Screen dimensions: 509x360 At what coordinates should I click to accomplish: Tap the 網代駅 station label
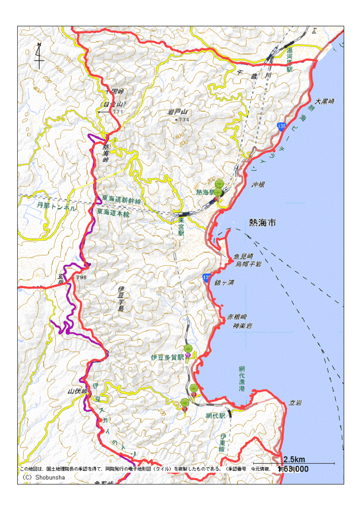tap(215, 416)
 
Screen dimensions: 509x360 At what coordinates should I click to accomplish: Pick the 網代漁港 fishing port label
tap(242, 379)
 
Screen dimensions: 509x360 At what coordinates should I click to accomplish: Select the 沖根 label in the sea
tap(259, 185)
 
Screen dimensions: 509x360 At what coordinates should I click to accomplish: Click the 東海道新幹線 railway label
tap(121, 200)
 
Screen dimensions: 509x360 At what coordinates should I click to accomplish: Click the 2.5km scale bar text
tap(294, 459)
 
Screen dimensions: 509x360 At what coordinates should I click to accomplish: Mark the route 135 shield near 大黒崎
tap(282, 127)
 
